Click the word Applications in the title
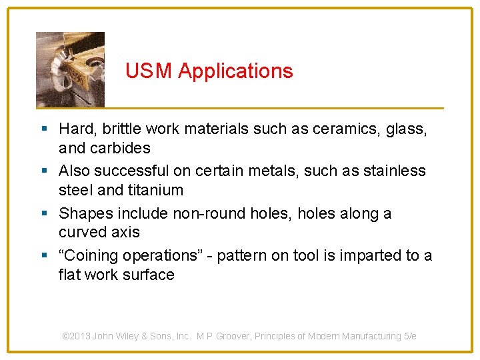click(235, 71)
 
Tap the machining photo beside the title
click(70, 69)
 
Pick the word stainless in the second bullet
click(394, 171)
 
